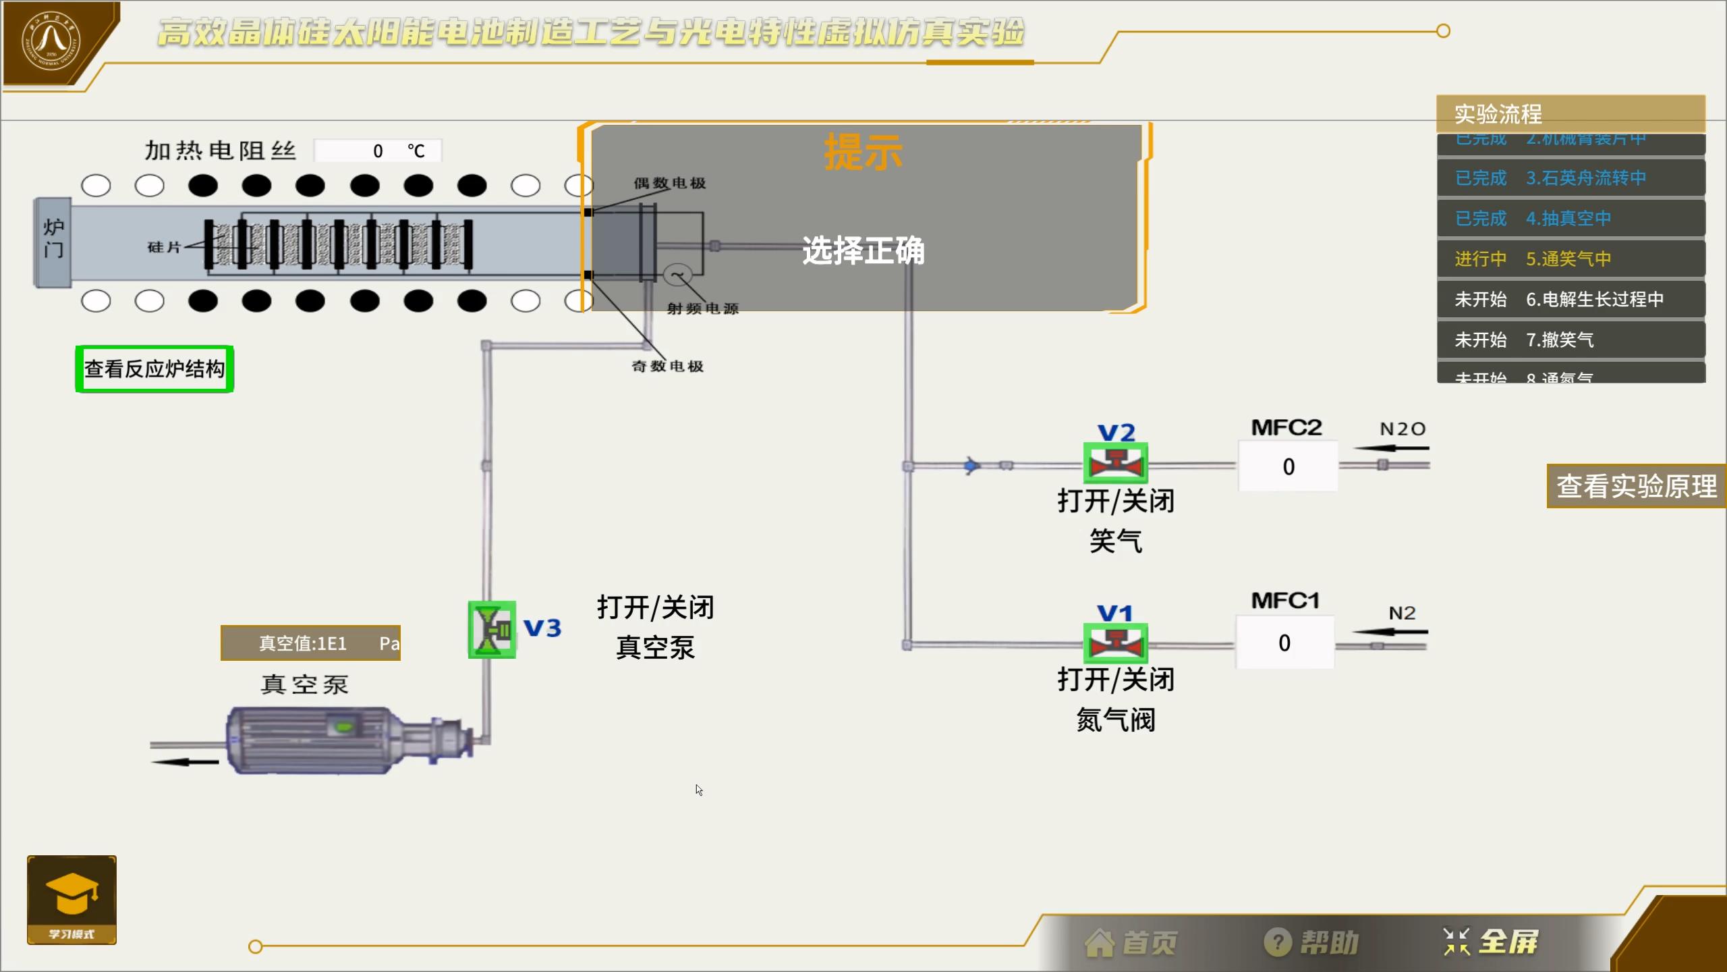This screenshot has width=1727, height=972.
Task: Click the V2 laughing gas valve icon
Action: pyautogui.click(x=1115, y=463)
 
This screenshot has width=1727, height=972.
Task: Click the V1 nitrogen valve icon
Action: pyautogui.click(x=1115, y=643)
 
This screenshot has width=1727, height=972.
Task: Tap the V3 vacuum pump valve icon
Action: pyautogui.click(x=492, y=630)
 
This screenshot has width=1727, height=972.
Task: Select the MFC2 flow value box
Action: pyautogui.click(x=1288, y=466)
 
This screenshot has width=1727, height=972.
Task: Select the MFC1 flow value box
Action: pyautogui.click(x=1284, y=643)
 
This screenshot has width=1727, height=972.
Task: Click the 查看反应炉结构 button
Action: pyautogui.click(x=154, y=369)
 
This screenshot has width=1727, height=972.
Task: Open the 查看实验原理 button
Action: pyautogui.click(x=1636, y=486)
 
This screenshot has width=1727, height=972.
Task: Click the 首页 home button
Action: pyautogui.click(x=1131, y=943)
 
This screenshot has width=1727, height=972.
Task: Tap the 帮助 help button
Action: pyautogui.click(x=1311, y=943)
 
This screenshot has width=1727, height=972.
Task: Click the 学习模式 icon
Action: pyautogui.click(x=72, y=899)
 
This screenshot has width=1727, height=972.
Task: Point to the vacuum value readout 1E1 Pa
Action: pyautogui.click(x=310, y=643)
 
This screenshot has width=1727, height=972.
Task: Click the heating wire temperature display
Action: pyautogui.click(x=378, y=151)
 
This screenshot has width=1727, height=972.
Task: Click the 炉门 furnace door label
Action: pyautogui.click(x=53, y=240)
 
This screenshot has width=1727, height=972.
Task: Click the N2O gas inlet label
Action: pyautogui.click(x=1402, y=429)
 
